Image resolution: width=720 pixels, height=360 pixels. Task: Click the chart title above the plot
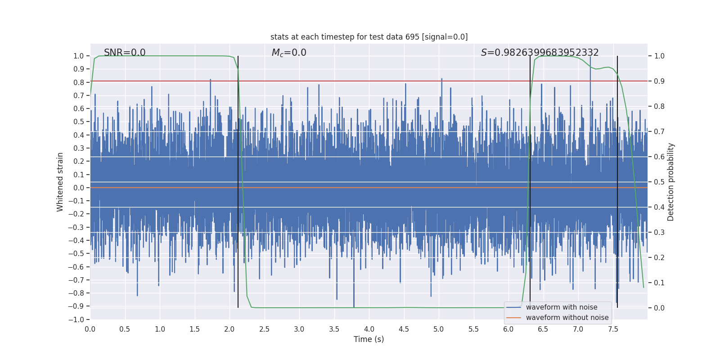coord(369,37)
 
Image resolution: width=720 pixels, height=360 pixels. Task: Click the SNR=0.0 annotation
coord(125,53)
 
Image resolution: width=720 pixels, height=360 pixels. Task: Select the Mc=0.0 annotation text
coord(289,53)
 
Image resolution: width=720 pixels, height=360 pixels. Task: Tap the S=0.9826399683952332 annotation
coord(540,53)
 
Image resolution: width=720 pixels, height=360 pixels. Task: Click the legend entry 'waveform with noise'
coord(561,307)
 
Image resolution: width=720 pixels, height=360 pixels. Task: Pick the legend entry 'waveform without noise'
coord(567,318)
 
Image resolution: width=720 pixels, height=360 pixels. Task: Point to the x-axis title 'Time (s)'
coord(369,339)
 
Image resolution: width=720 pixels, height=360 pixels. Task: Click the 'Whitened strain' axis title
coord(60,182)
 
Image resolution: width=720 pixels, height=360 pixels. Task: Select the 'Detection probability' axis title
coord(671,182)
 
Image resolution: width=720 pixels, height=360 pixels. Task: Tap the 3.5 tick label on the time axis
coord(334,329)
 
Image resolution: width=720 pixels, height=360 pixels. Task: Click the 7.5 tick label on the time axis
coord(613,329)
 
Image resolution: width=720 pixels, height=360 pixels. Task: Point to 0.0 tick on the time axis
coord(90,329)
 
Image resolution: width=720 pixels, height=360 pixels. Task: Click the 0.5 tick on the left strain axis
coord(79,122)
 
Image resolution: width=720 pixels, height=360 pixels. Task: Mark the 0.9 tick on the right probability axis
coord(659,81)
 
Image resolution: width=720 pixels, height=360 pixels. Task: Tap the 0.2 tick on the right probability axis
coord(659,258)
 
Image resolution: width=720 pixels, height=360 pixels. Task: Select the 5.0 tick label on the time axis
coord(438,329)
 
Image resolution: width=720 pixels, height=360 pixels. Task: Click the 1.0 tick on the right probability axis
coord(659,56)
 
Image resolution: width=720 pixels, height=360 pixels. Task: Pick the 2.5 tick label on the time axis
coord(264,329)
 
